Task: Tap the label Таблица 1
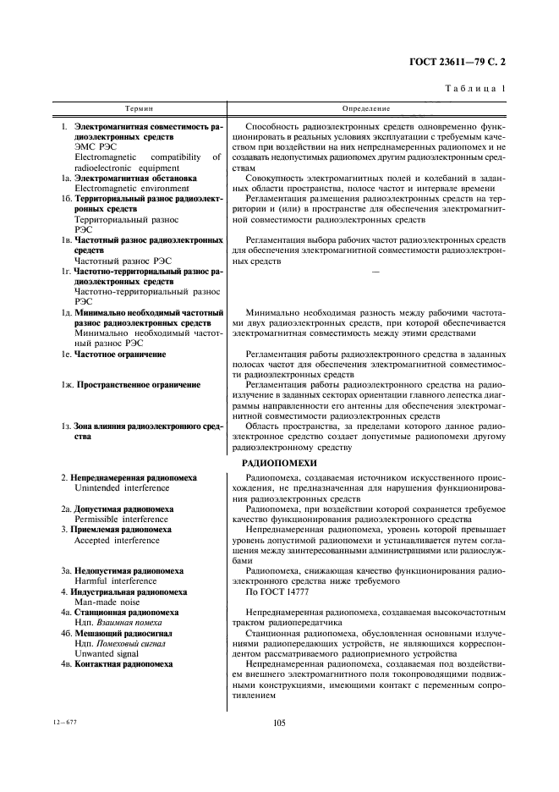pyautogui.click(x=481, y=88)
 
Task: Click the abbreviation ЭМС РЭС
pyautogui.click(x=94, y=146)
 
